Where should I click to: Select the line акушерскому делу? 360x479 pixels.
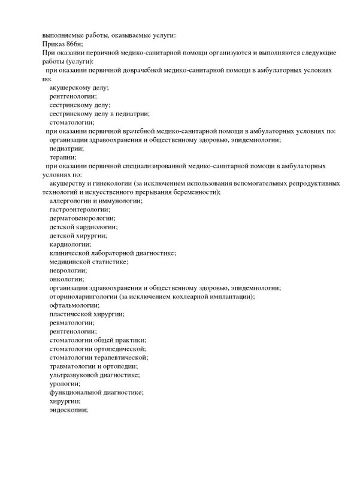[80, 87]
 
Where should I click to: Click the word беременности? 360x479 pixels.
[192, 192]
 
